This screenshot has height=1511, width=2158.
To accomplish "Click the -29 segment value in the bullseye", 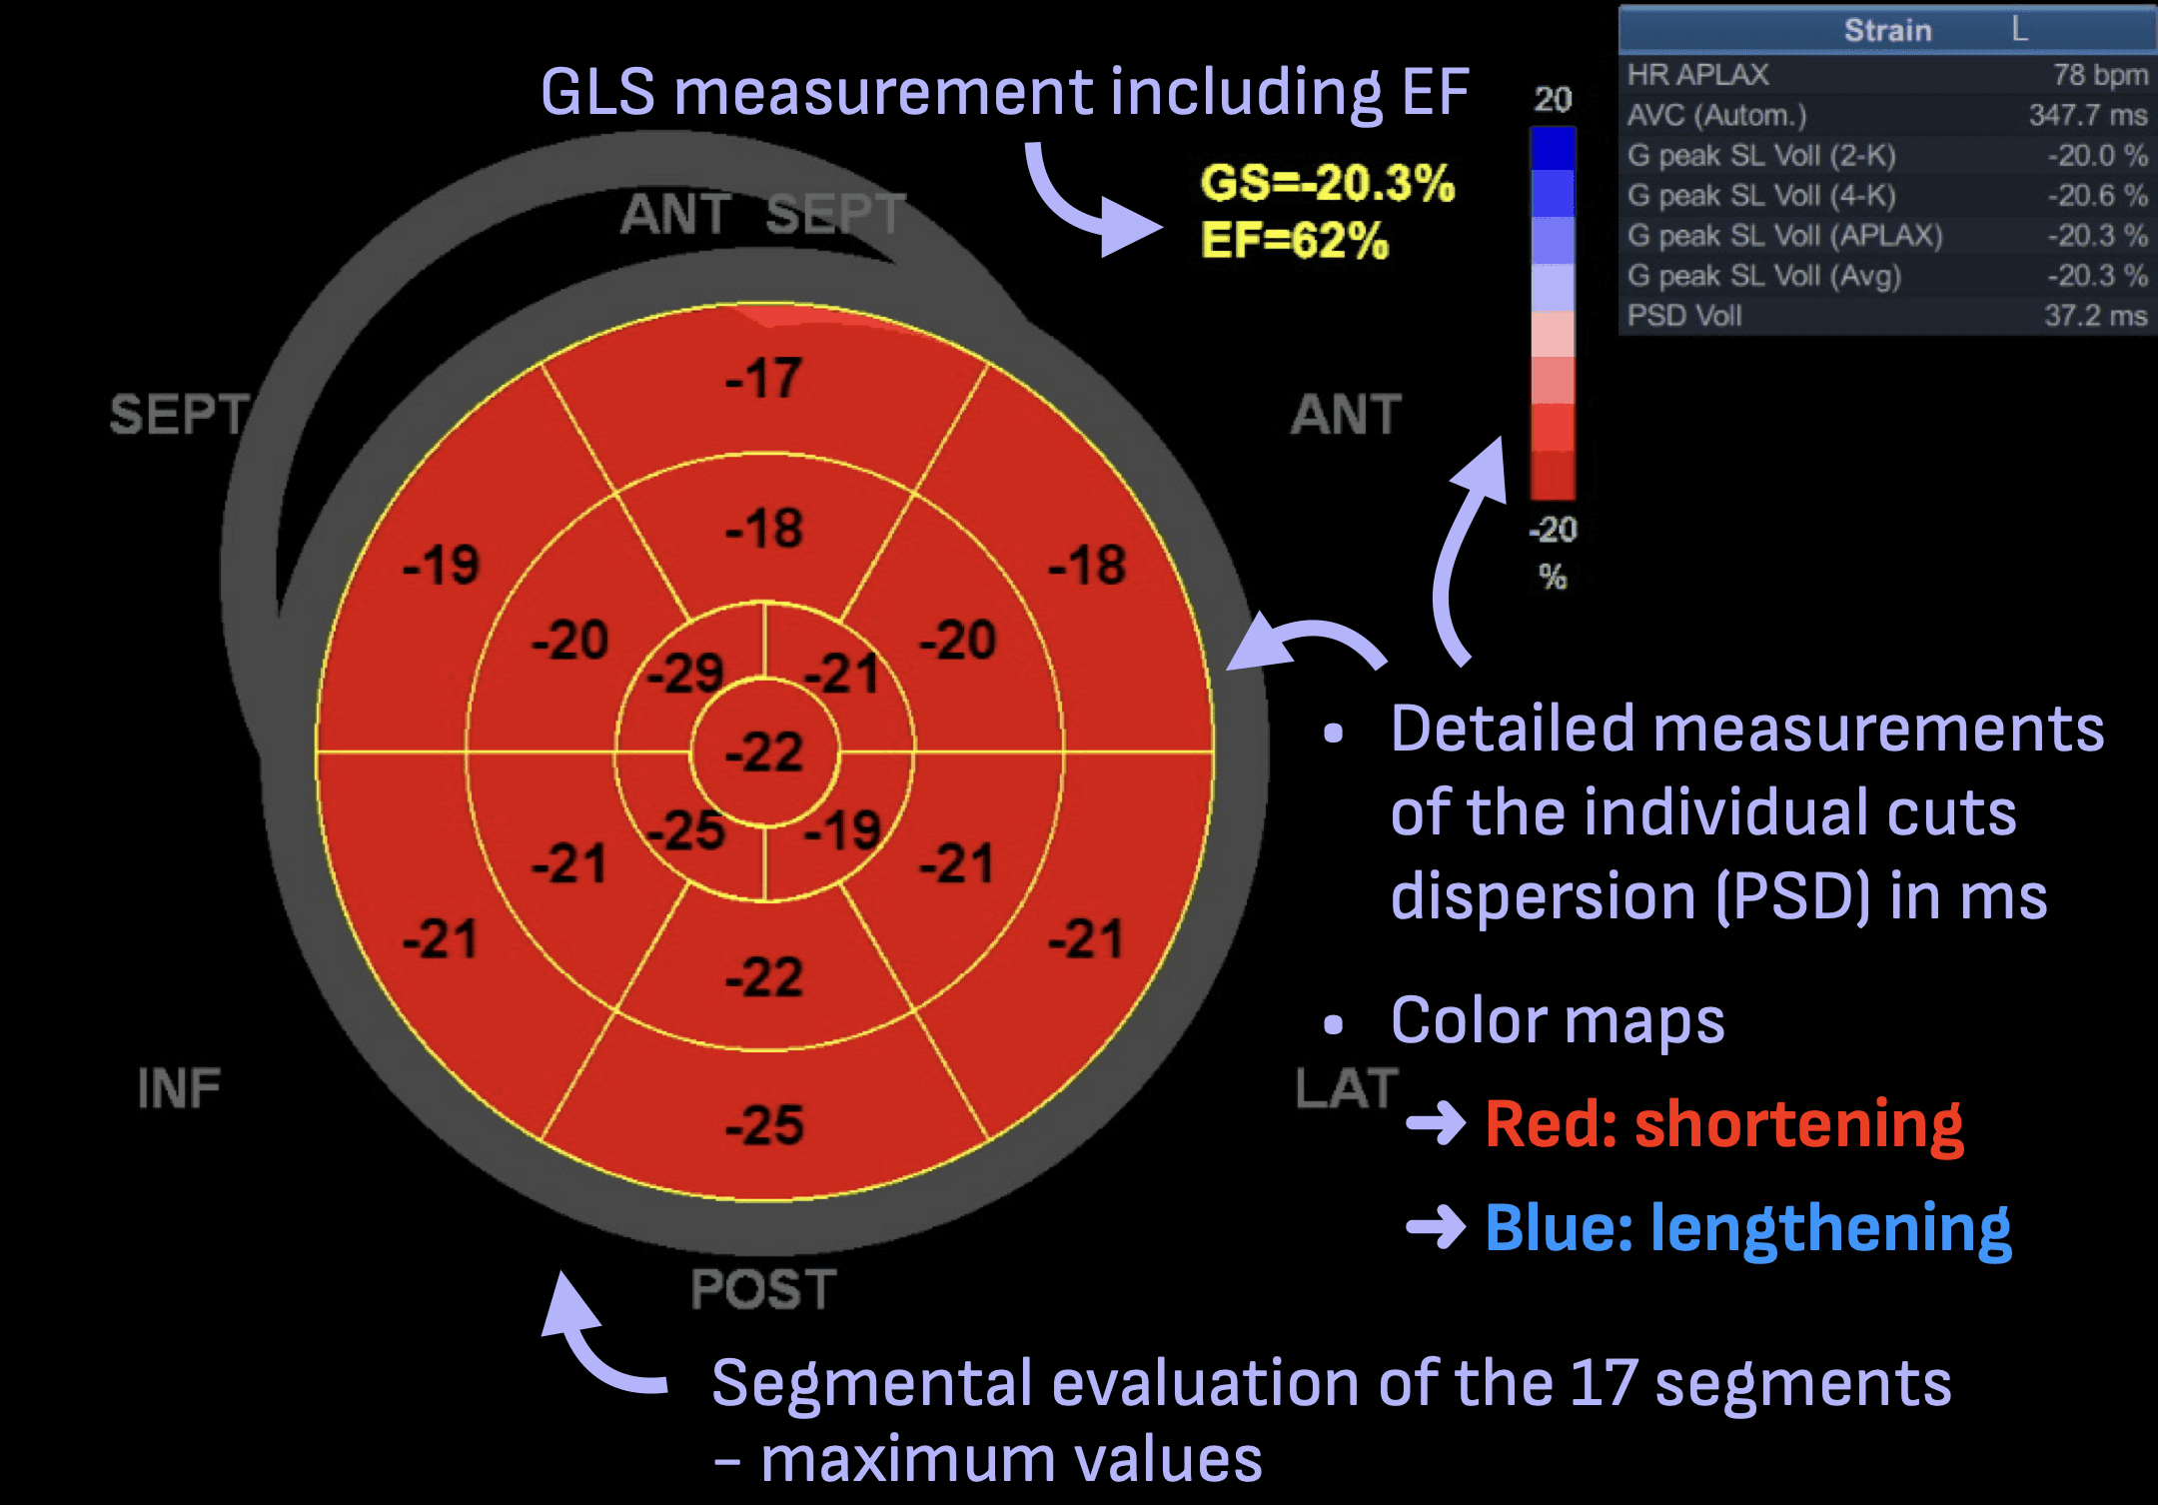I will (x=685, y=673).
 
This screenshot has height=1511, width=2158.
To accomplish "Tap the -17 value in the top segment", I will (x=763, y=379).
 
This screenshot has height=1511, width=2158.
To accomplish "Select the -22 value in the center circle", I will (x=764, y=753).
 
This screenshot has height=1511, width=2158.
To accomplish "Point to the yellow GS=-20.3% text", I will (x=1327, y=183).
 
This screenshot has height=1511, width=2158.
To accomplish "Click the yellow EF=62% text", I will (x=1295, y=241).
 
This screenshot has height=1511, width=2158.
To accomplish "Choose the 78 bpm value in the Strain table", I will (x=2099, y=75).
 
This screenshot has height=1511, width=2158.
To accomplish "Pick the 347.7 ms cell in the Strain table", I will (x=2087, y=115).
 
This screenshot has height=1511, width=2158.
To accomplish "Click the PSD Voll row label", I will (x=1684, y=316).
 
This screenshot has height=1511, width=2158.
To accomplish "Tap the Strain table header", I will (x=1886, y=30).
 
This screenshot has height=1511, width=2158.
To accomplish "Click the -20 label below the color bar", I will (x=1553, y=529).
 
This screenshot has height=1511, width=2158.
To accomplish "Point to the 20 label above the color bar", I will (x=1553, y=99).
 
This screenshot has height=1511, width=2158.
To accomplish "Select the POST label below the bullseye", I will (x=763, y=1289).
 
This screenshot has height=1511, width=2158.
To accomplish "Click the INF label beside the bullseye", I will (x=179, y=1088).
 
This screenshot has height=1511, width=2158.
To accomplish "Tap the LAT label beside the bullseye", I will (x=1346, y=1088).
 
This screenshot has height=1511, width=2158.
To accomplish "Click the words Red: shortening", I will (x=1723, y=1124).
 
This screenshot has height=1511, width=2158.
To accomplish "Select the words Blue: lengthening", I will (x=1747, y=1228).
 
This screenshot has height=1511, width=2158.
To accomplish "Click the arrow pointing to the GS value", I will (x=1089, y=205).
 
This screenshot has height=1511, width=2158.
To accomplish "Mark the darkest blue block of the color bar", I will (x=1553, y=149).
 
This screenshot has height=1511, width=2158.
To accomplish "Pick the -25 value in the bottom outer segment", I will (x=764, y=1125).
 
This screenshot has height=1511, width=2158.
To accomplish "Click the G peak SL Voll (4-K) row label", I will (x=1761, y=196).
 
